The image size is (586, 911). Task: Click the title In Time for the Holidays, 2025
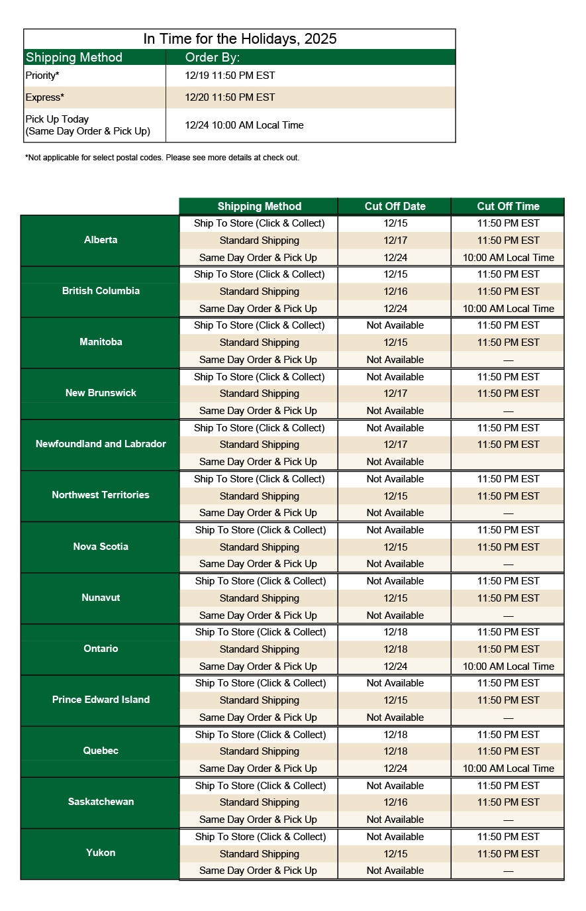point(240,39)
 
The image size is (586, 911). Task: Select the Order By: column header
point(213,58)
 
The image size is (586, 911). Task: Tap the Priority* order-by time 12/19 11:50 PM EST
point(230,76)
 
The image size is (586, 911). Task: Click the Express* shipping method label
point(45,97)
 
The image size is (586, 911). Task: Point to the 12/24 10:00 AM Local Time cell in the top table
point(244,125)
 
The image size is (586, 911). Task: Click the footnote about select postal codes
point(162,158)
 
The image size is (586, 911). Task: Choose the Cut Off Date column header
point(395,207)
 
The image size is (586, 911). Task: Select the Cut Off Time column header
point(508,207)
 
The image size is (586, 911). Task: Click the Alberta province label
point(101,240)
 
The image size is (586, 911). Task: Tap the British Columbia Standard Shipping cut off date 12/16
point(395,292)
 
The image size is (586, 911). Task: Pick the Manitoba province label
point(101,342)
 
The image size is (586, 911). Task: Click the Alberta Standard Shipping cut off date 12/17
point(395,241)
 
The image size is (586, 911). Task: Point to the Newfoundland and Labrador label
point(101,444)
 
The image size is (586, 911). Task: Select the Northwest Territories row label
point(101,495)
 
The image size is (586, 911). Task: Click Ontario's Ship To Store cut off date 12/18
point(395,632)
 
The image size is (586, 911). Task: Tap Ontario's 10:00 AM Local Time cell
point(508,667)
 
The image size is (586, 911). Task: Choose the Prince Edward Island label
point(101,700)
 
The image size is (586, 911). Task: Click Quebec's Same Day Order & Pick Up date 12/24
point(395,769)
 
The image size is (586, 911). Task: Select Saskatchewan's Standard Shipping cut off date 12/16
point(395,802)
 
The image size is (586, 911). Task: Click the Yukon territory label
point(101,853)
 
